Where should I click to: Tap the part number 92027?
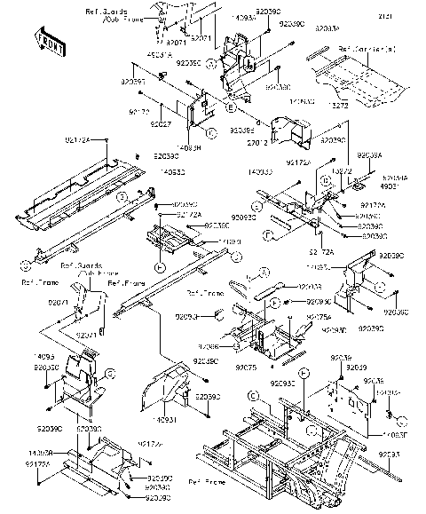161,126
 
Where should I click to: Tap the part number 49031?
390,187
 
